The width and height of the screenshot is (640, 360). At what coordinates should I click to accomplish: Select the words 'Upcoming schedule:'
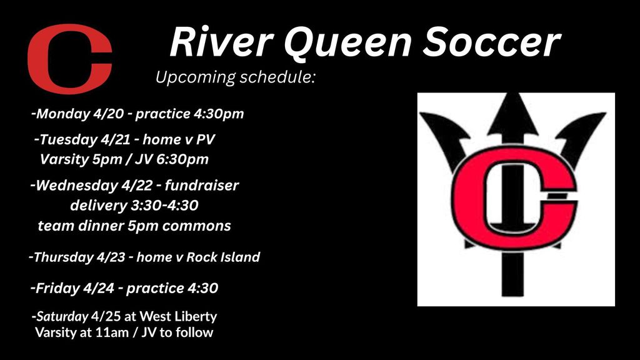(x=236, y=77)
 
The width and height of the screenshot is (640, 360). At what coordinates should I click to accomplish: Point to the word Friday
(x=57, y=288)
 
